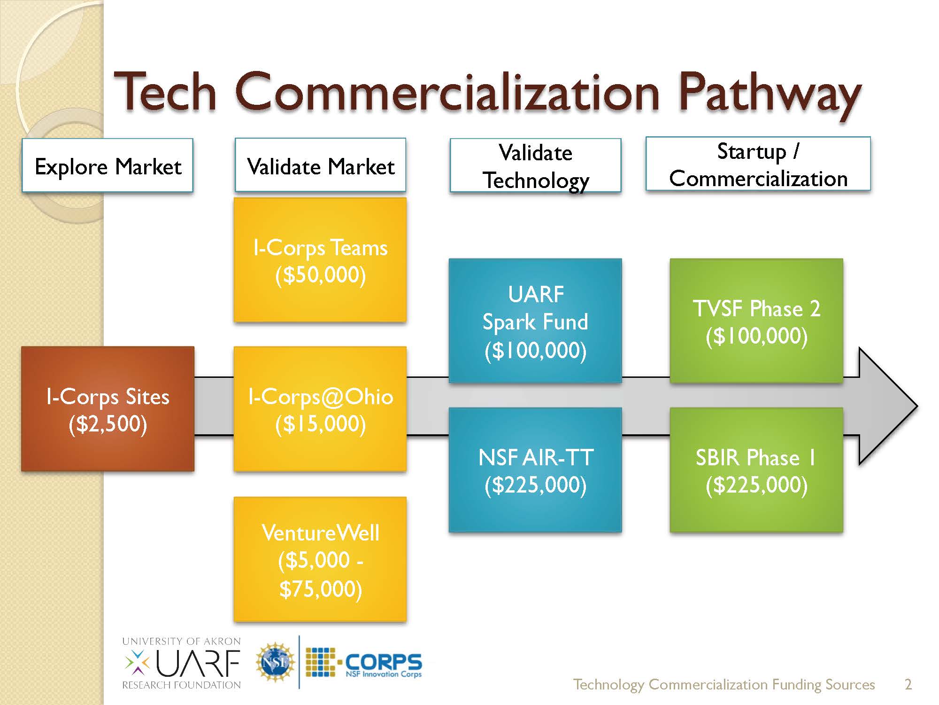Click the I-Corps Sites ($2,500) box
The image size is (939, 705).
tap(108, 409)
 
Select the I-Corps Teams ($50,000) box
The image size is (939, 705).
tap(320, 260)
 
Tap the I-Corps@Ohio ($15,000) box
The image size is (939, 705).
tap(320, 409)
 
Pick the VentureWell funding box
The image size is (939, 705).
tap(320, 559)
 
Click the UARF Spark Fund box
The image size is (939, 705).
tap(535, 321)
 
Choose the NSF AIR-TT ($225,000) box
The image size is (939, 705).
tap(535, 470)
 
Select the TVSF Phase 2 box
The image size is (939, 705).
tap(756, 321)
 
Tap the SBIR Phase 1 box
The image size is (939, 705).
tap(756, 470)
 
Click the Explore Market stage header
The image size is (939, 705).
tap(108, 165)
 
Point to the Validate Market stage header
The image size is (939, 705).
tap(320, 165)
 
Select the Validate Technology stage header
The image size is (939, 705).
tap(535, 165)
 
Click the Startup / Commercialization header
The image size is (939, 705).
tap(758, 164)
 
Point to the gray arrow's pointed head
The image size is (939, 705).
tap(892, 407)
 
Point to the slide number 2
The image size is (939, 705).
tap(908, 684)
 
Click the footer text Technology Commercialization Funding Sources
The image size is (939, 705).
tap(723, 684)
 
